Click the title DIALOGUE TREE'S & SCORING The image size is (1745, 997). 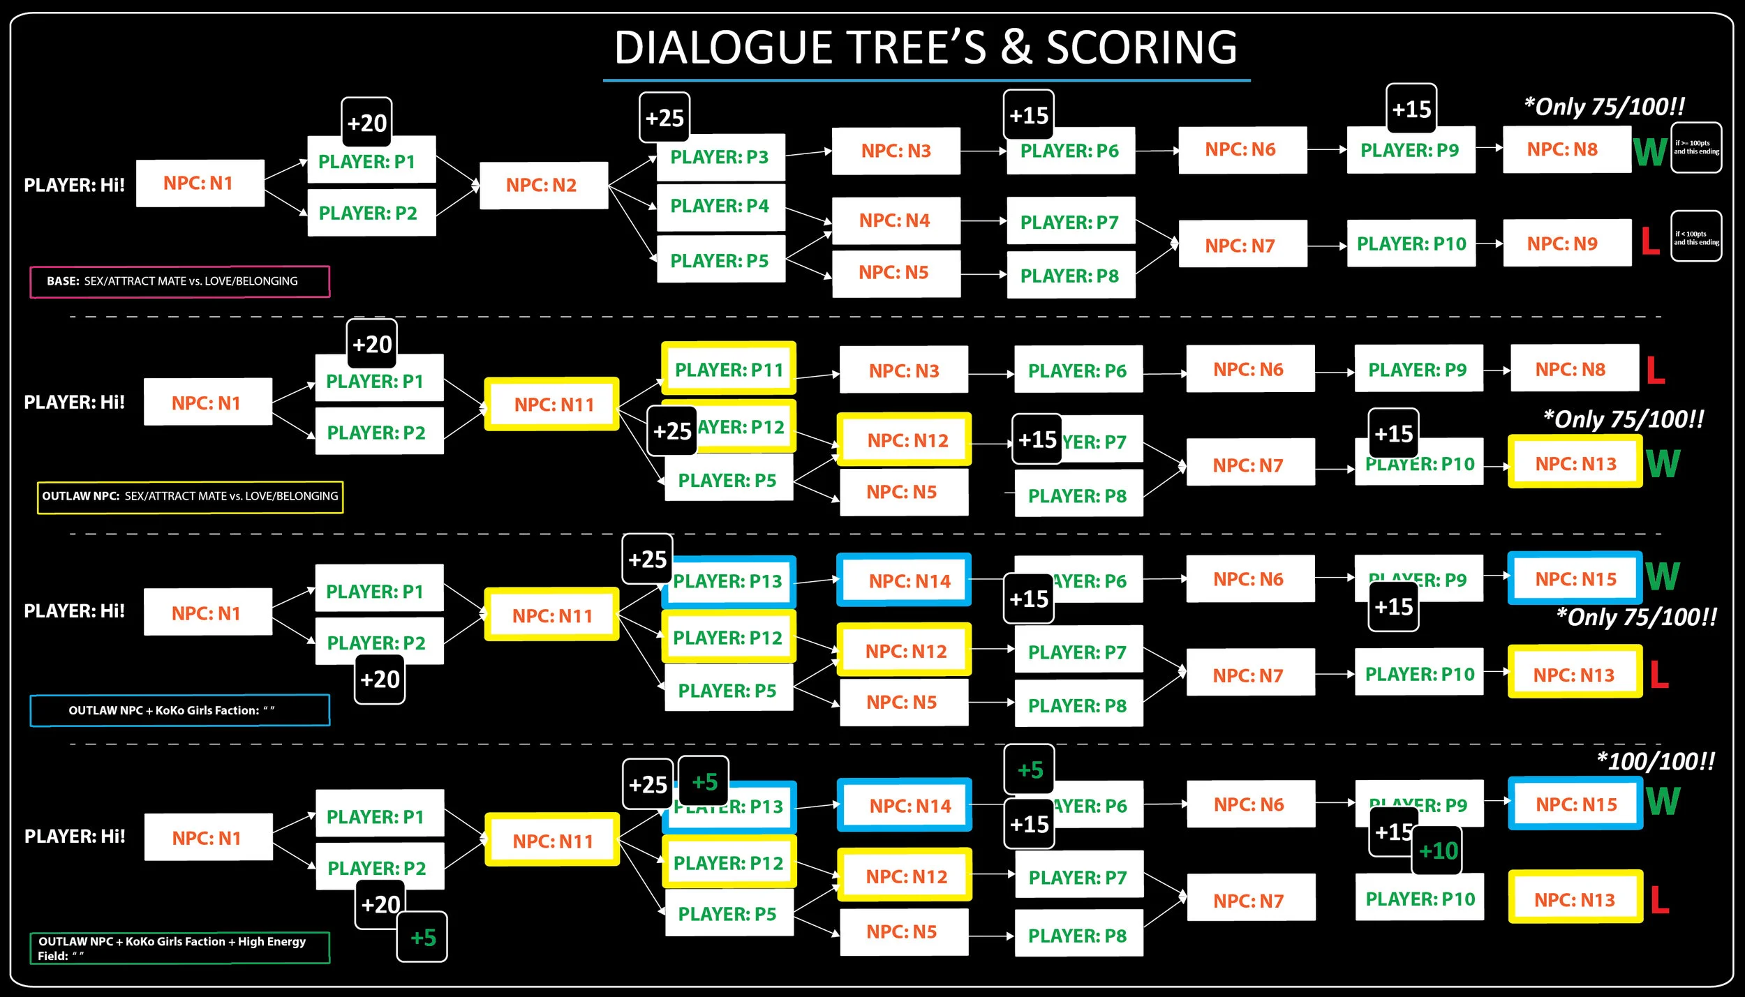pyautogui.click(x=926, y=47)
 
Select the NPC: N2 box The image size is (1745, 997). pyautogui.click(x=544, y=186)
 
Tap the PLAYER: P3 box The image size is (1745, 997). pyautogui.click(x=720, y=158)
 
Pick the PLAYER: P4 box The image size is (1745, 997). pyautogui.click(x=720, y=207)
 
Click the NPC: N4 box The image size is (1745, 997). pyautogui.click(x=896, y=220)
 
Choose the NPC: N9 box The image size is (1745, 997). pyautogui.click(x=1566, y=243)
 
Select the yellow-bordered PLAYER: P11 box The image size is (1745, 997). pyautogui.click(x=729, y=369)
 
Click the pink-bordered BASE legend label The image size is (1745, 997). pyautogui.click(x=179, y=281)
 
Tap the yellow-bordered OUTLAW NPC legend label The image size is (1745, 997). pyautogui.click(x=190, y=497)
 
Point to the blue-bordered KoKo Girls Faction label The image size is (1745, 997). pyautogui.click(x=179, y=710)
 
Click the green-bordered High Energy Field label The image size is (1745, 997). pyautogui.click(x=179, y=948)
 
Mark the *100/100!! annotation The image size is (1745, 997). pyautogui.click(x=1656, y=761)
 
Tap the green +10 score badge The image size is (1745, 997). pyautogui.click(x=1438, y=850)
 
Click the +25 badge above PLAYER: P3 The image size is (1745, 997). pyautogui.click(x=664, y=118)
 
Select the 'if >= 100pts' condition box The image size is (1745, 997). pyautogui.click(x=1696, y=147)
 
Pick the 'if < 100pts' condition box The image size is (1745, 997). pyautogui.click(x=1696, y=237)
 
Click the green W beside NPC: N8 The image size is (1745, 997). pyautogui.click(x=1650, y=151)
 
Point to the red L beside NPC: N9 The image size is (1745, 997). pyautogui.click(x=1650, y=241)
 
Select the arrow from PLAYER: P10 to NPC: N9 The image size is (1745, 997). pyautogui.click(x=1489, y=243)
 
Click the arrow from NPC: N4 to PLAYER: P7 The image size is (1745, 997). pyautogui.click(x=983, y=221)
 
